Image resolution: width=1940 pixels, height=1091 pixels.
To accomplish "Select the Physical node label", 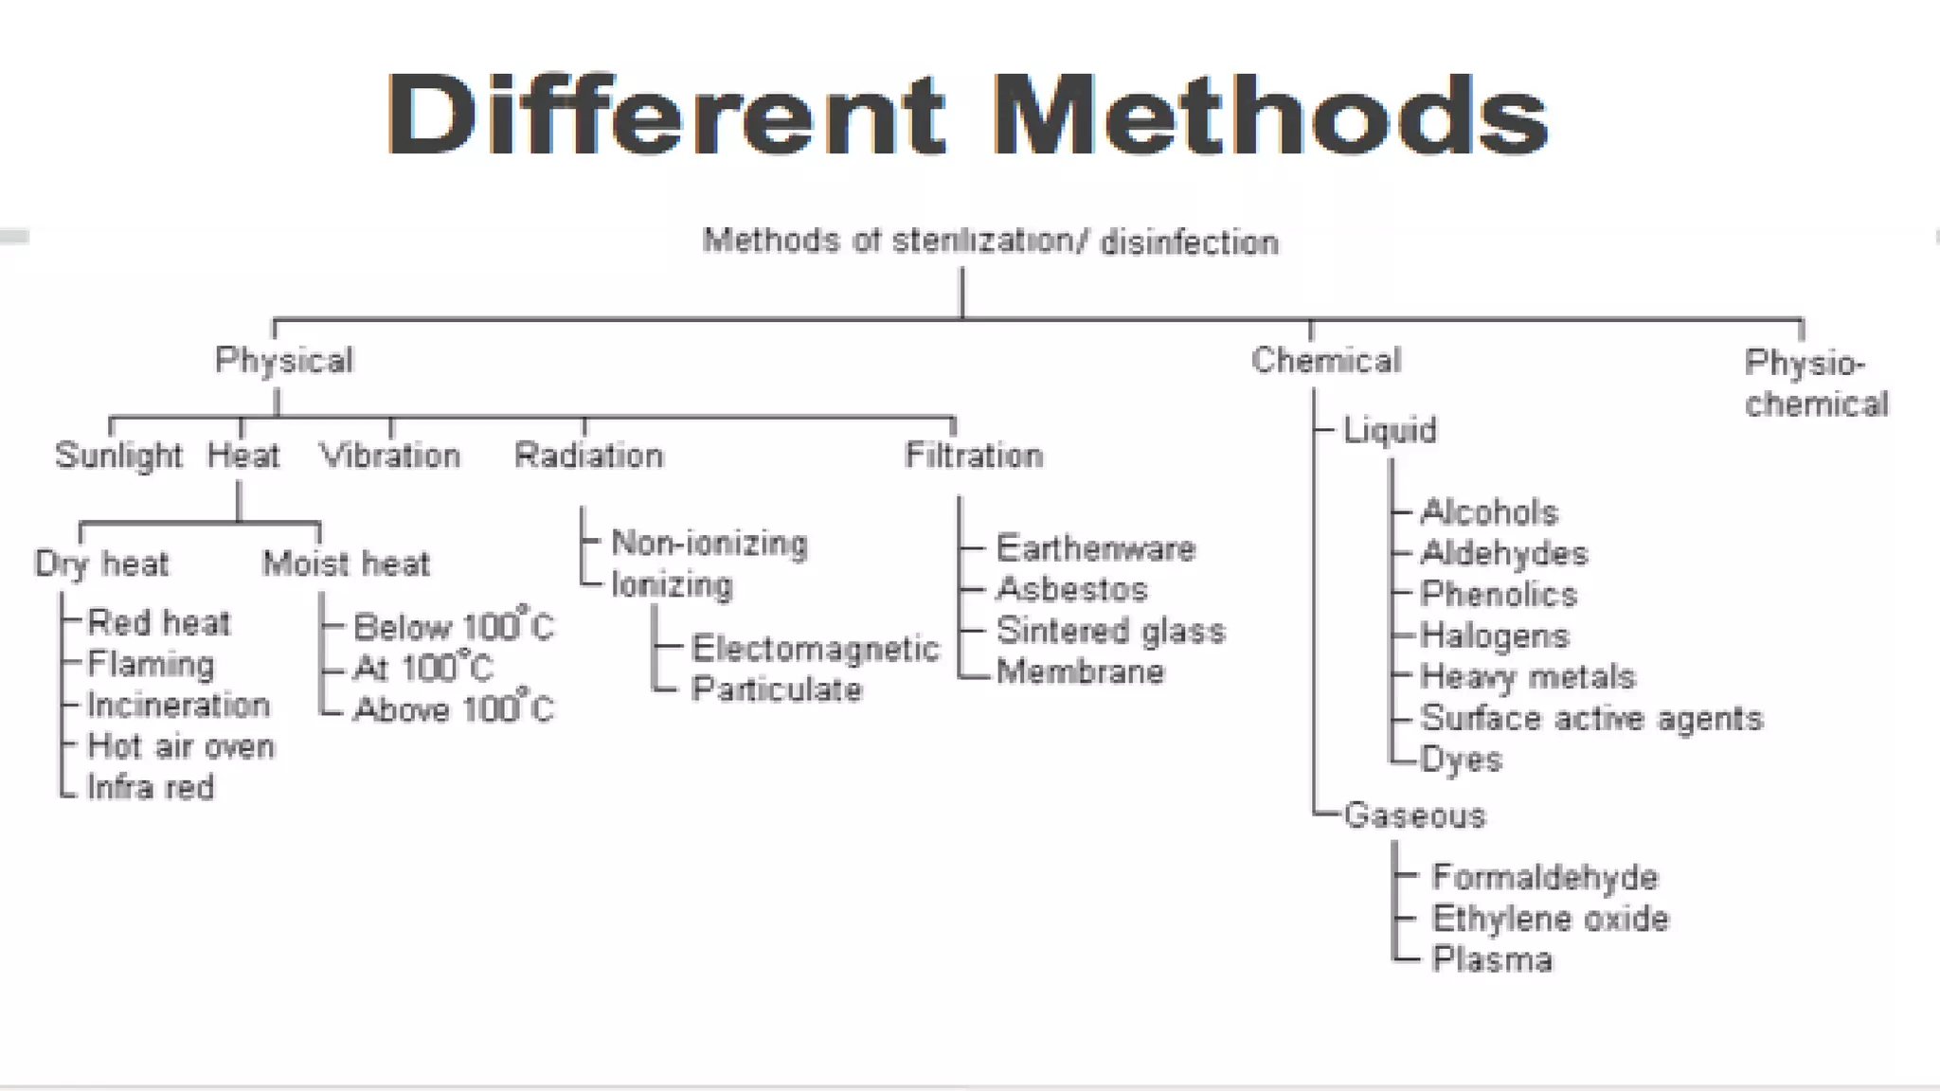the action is tap(284, 361).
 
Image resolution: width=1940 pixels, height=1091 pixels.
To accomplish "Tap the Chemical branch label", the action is tap(1325, 361).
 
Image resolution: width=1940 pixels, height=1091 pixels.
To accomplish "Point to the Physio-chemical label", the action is tap(1816, 384).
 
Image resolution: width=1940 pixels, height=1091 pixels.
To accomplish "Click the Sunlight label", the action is tap(118, 456).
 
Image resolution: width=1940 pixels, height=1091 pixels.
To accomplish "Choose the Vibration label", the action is tap(390, 456).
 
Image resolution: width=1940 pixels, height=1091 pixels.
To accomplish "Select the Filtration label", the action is tap(974, 456).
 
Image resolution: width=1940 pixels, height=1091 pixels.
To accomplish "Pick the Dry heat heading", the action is tap(101, 564).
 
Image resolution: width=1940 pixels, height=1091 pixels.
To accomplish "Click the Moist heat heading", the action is tap(346, 564).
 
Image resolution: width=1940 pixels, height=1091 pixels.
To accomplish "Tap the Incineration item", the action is tap(178, 706).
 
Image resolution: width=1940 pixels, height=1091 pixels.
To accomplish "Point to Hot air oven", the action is tap(181, 746).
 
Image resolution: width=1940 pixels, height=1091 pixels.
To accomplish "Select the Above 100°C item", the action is tap(453, 709).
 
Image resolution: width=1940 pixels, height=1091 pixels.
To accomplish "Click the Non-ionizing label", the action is tap(710, 544).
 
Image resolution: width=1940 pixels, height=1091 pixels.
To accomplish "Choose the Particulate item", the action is tap(777, 689).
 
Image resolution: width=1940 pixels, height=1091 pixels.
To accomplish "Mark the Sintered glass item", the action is tap(1110, 631).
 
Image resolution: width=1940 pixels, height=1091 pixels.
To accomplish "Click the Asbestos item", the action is tap(1071, 590).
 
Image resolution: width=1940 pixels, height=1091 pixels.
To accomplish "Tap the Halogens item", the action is tap(1495, 635).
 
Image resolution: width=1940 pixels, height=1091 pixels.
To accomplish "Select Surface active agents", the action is tap(1591, 719).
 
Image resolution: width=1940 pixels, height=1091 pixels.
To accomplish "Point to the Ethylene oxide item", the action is tap(1550, 919).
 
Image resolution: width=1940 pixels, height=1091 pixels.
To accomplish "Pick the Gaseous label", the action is tap(1414, 815).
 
